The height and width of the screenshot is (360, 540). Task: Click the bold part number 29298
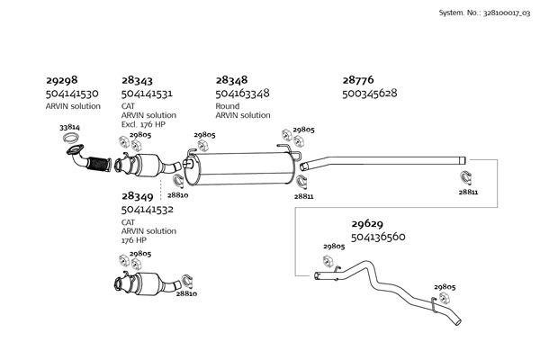[61, 80]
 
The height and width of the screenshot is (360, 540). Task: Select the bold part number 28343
[138, 80]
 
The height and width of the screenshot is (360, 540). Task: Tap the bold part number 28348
[231, 80]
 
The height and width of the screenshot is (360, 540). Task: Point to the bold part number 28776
[358, 80]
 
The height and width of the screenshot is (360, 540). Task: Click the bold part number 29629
[367, 224]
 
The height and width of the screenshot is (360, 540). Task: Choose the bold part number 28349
[138, 195]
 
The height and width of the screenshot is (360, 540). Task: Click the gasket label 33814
[69, 128]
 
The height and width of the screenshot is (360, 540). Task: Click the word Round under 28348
[227, 105]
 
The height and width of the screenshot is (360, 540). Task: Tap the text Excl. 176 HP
[143, 124]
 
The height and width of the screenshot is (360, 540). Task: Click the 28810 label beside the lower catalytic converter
[186, 293]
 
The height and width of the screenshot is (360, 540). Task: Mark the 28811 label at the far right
[468, 192]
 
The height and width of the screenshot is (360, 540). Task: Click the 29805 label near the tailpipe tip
[445, 287]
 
